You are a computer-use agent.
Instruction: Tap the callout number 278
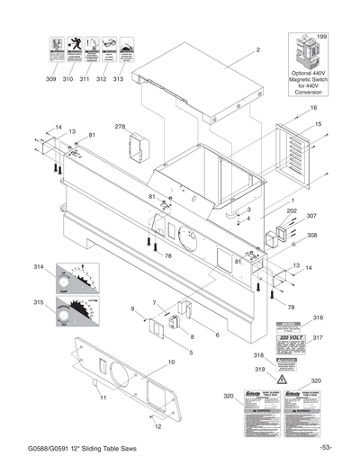120,128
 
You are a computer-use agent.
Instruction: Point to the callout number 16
314,108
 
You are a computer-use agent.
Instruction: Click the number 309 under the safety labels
50,80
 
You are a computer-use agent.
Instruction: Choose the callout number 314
38,268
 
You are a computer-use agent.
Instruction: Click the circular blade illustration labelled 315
76,317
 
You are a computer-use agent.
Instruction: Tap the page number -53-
326,448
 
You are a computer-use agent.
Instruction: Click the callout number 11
103,397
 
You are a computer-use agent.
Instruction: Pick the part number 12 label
158,427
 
